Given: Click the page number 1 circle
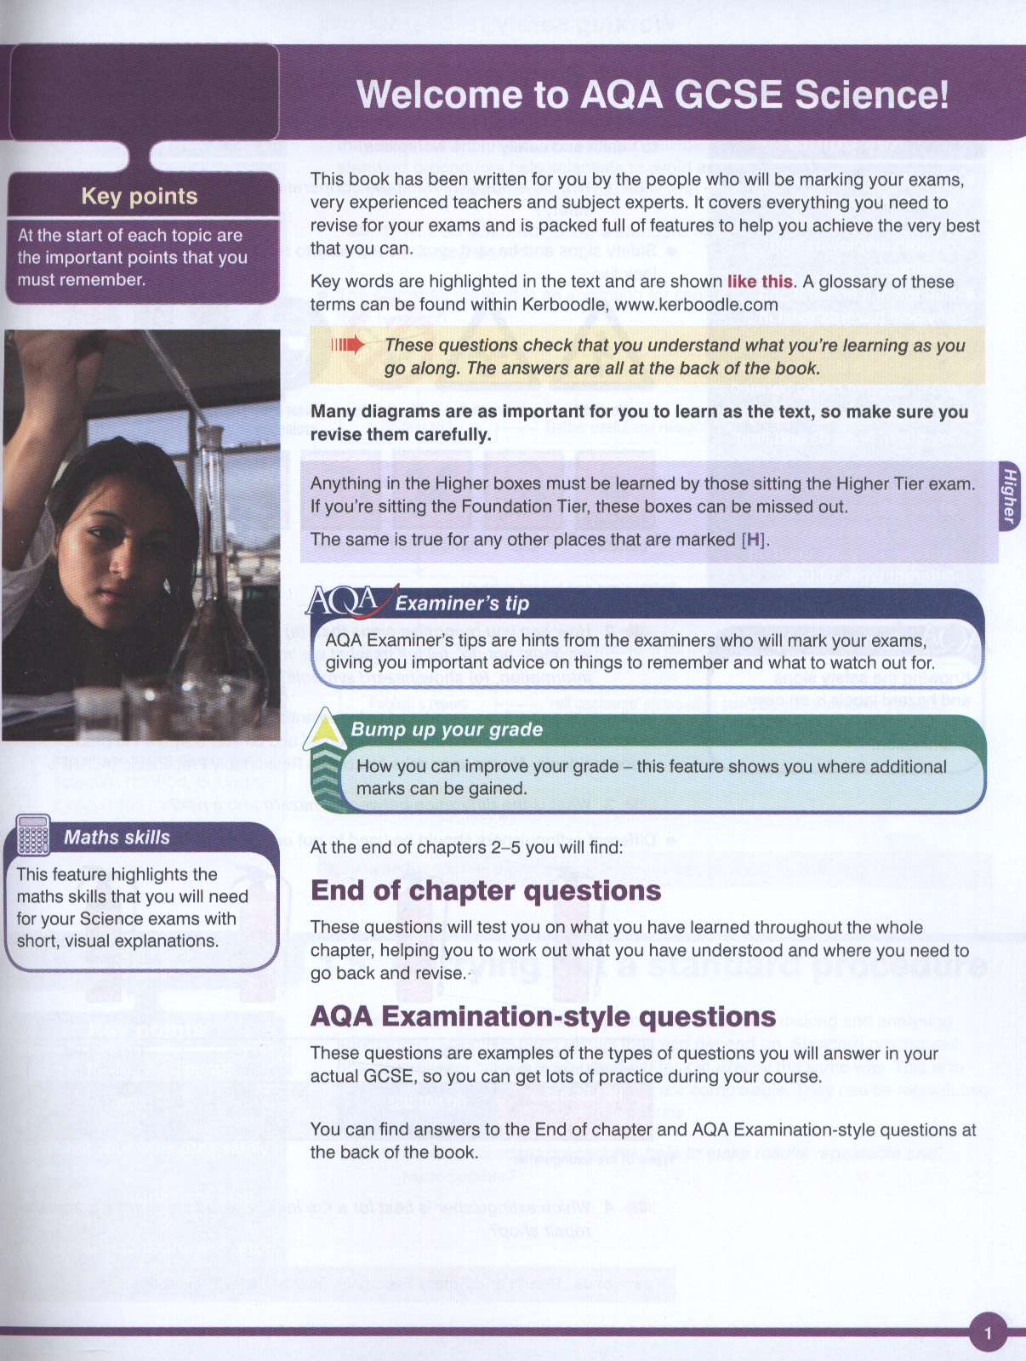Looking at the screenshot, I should tap(988, 1333).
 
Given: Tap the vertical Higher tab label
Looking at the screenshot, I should tap(1010, 496).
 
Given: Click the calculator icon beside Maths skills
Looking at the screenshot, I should tap(33, 835).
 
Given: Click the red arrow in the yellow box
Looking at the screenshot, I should tap(348, 345).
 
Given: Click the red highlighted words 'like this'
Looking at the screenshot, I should tap(760, 282).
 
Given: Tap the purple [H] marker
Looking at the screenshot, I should tap(753, 540).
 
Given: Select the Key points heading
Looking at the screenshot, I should tap(140, 197).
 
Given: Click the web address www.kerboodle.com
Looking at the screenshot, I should tap(696, 305).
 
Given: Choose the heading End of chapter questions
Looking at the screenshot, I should tap(486, 890).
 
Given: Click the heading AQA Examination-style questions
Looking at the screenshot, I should tap(543, 1016).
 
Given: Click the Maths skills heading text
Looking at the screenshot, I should tap(117, 838).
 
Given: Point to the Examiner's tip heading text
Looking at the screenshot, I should tap(462, 603).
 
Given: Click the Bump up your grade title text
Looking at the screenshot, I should tap(447, 729).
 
